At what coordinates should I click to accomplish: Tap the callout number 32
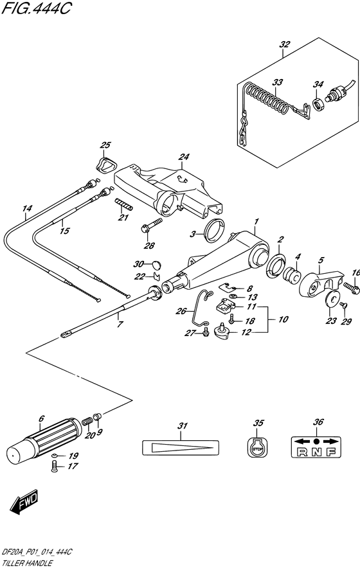(x=285, y=44)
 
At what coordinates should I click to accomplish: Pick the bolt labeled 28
(x=144, y=227)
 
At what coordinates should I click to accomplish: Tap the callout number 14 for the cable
(x=26, y=209)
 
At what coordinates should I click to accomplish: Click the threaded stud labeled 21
(x=124, y=206)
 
